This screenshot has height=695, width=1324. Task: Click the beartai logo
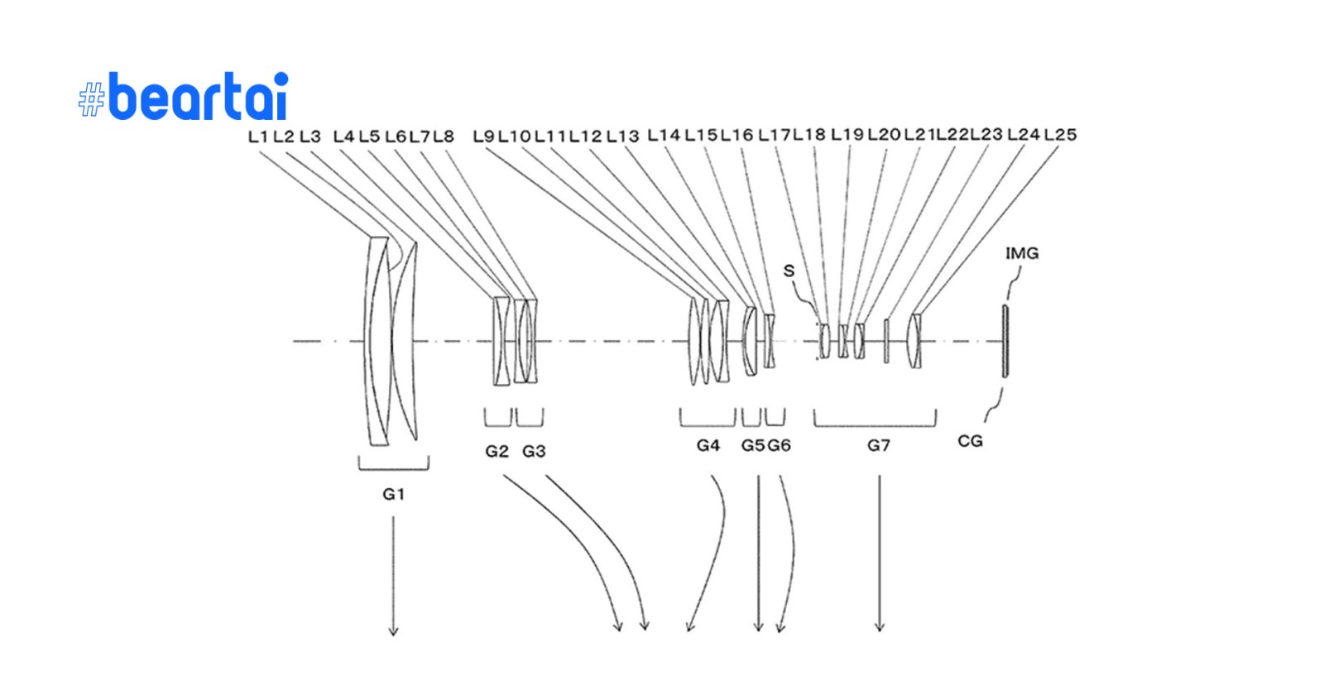pos(184,97)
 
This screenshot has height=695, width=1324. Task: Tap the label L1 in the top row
pos(258,137)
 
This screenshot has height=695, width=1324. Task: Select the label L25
pos(1060,135)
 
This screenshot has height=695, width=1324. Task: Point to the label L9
pos(483,137)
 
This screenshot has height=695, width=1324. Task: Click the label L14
pos(664,135)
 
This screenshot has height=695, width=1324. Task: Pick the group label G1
pos(393,494)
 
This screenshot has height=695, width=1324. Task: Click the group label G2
pos(496,451)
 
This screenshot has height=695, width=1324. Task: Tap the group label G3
pos(534,451)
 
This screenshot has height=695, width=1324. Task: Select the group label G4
pos(708,445)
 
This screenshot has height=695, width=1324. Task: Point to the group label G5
pos(752,445)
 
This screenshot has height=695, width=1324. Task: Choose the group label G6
pos(780,445)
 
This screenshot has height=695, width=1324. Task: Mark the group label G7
pos(879,445)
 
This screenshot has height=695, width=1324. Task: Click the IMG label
pos(1021,253)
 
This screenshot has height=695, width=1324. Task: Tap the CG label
pos(970,441)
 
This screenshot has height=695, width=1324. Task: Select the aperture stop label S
pos(789,271)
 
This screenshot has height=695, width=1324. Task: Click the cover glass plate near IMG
pos(1005,341)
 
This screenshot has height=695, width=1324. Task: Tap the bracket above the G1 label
pos(394,466)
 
